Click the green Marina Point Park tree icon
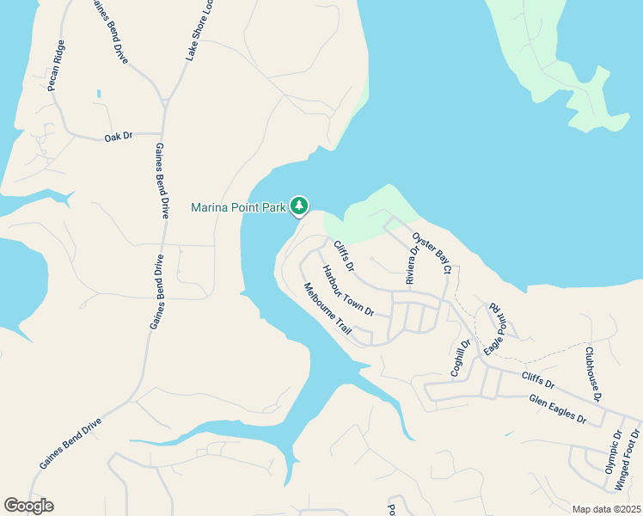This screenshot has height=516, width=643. pyautogui.click(x=298, y=206)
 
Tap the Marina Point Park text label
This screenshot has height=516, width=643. pyautogui.click(x=238, y=207)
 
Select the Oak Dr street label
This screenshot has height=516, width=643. pyautogui.click(x=119, y=137)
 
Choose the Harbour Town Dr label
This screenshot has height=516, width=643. pyautogui.click(x=348, y=290)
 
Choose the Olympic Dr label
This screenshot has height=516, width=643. pyautogui.click(x=612, y=453)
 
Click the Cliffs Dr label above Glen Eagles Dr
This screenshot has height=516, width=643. pyautogui.click(x=538, y=379)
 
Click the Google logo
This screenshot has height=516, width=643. pyautogui.click(x=28, y=506)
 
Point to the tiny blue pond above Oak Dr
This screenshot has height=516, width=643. pyautogui.click(x=99, y=93)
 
